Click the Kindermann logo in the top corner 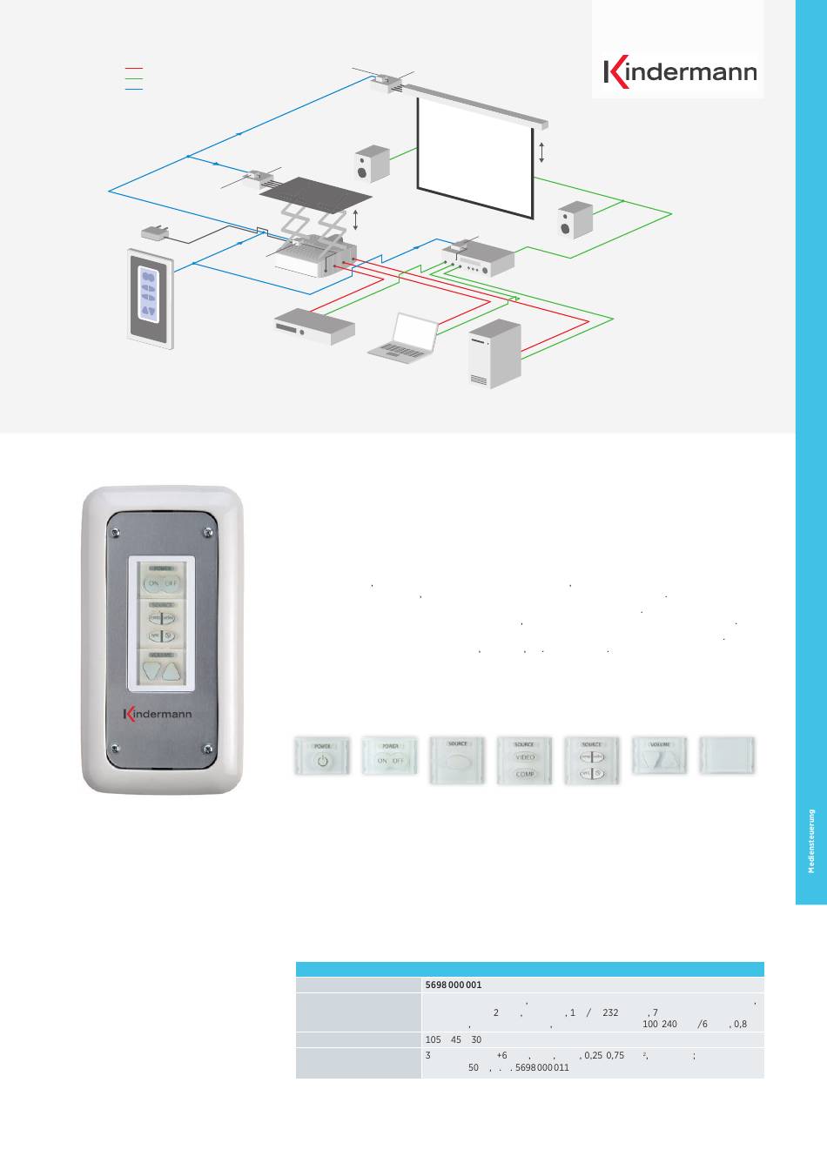pyautogui.click(x=681, y=73)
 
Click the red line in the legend pyautogui.click(x=133, y=67)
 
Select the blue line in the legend pyautogui.click(x=133, y=89)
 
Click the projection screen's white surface pyautogui.click(x=475, y=152)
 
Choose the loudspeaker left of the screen pyautogui.click(x=373, y=164)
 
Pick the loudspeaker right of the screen pyautogui.click(x=575, y=219)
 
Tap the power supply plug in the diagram pyautogui.click(x=158, y=232)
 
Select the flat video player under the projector pyautogui.click(x=313, y=325)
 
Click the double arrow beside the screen pyautogui.click(x=541, y=153)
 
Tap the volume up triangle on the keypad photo pyautogui.click(x=174, y=671)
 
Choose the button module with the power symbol pyautogui.click(x=322, y=759)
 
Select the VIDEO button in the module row pyautogui.click(x=524, y=757)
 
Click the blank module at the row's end pyautogui.click(x=728, y=759)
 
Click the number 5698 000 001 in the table pyautogui.click(x=453, y=985)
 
